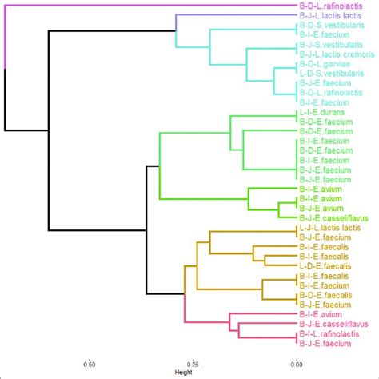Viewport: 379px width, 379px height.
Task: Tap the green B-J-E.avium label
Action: (x=321, y=197)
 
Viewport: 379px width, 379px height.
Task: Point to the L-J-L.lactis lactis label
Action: (x=329, y=228)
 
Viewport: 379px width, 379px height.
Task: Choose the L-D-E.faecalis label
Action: (x=324, y=265)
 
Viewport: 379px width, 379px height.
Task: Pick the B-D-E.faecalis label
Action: (x=324, y=294)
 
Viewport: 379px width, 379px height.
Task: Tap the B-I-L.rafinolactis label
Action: (x=330, y=334)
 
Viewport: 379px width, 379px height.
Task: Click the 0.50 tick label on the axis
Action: (x=92, y=363)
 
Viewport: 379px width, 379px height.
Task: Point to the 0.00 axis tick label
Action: (x=296, y=363)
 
